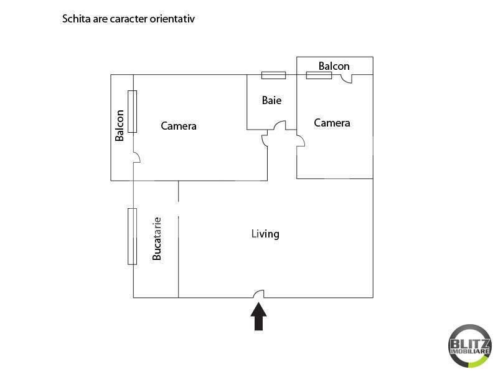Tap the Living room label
265,234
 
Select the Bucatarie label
157,238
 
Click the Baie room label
271,100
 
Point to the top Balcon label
334,66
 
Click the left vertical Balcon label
120,125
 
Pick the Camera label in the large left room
179,126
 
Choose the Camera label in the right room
332,123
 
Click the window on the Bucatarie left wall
132,236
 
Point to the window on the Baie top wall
273,75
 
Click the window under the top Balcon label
319,75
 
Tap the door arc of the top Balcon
347,79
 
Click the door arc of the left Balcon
137,158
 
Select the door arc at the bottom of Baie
280,125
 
